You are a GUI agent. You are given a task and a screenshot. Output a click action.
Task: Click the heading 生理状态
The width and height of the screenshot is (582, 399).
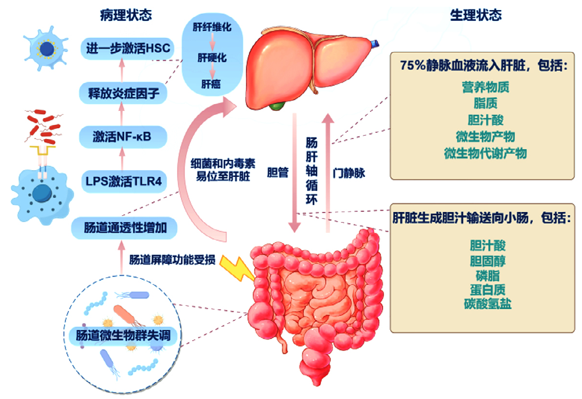[476, 15]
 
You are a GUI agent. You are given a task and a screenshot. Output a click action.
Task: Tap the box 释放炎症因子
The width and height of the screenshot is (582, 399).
[123, 93]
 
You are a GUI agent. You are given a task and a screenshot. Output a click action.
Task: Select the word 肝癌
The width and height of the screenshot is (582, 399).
[212, 85]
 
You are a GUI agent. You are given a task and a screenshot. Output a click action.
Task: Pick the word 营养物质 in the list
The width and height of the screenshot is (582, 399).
[485, 88]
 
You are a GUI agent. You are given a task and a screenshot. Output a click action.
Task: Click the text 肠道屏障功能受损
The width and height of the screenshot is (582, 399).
[172, 261]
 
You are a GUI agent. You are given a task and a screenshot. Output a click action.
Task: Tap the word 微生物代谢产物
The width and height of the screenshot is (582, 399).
[485, 153]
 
